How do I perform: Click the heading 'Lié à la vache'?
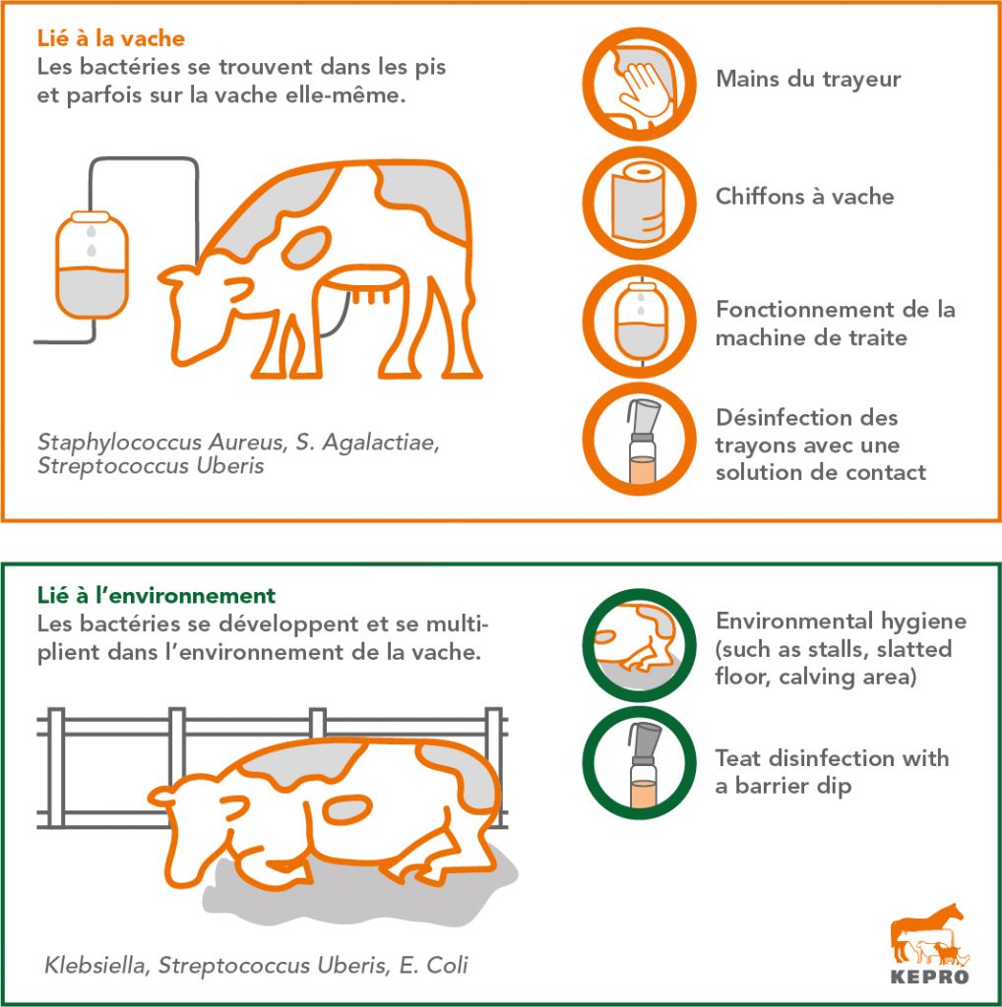[x=110, y=38]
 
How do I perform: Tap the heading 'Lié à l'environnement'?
[x=157, y=595]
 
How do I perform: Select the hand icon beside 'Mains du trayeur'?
[x=640, y=85]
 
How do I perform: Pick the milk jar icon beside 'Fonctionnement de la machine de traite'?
[x=640, y=322]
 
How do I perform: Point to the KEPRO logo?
[x=929, y=943]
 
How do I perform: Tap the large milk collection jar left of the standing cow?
[x=93, y=265]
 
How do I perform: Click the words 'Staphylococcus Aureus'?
[x=160, y=442]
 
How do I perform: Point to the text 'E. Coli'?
[x=433, y=965]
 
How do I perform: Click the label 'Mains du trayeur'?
[x=808, y=79]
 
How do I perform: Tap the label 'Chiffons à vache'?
[x=805, y=197]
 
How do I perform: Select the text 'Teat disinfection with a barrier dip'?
[x=832, y=772]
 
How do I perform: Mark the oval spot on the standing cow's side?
[x=306, y=247]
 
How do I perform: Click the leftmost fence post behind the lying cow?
[x=56, y=767]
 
